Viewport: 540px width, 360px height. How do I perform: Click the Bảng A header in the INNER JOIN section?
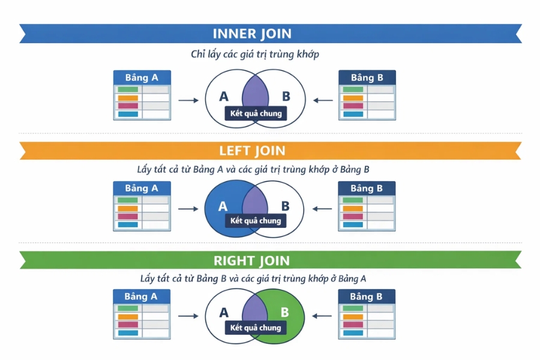142,78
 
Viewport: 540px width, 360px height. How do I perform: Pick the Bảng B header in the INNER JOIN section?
367,78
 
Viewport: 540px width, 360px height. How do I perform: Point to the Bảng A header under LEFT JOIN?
142,188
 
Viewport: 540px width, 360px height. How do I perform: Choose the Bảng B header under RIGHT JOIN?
367,296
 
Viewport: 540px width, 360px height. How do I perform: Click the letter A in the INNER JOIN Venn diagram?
224,97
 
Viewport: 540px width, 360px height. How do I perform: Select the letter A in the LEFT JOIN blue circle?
223,206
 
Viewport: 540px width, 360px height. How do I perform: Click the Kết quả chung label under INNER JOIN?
256,113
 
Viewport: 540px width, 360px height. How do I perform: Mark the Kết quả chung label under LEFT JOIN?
256,221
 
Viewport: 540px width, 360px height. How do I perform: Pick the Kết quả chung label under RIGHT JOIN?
256,328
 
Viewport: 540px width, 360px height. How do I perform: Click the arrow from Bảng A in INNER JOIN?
188,100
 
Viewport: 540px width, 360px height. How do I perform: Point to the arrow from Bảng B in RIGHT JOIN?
323,315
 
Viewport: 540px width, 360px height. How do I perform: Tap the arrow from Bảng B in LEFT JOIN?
323,209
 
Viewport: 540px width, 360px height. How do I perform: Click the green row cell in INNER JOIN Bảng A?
128,90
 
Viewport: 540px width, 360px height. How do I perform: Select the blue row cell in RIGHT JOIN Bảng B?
353,333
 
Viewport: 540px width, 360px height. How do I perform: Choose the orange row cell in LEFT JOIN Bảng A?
128,208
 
